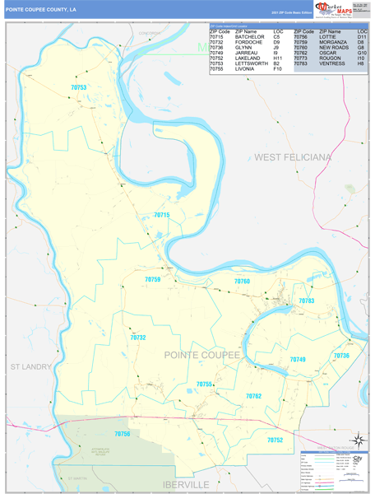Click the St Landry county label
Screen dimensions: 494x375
click(x=30, y=366)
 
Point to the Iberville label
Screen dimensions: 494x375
click(x=187, y=483)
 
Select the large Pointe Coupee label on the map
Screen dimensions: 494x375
click(x=202, y=355)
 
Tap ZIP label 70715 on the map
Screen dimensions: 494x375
click(x=161, y=215)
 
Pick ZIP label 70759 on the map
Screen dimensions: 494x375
click(x=153, y=280)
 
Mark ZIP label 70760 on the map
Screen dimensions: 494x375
click(x=241, y=282)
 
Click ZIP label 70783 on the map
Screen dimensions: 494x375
click(x=306, y=301)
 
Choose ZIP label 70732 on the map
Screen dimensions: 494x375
click(x=137, y=338)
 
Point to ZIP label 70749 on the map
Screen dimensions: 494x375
click(x=297, y=360)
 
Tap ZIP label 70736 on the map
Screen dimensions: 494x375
click(x=340, y=355)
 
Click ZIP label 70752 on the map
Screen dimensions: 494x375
click(x=274, y=440)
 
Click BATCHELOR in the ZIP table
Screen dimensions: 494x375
click(x=250, y=37)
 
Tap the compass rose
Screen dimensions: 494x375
click(x=357, y=439)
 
